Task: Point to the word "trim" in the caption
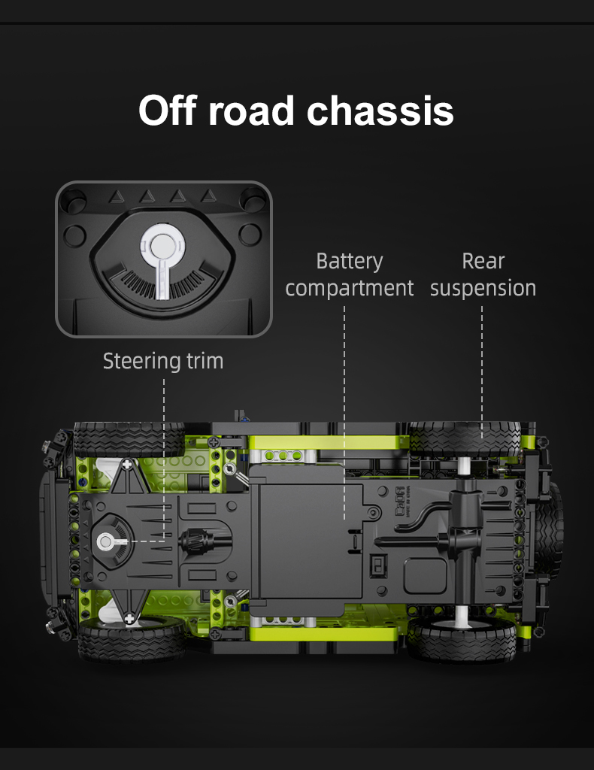click(x=205, y=361)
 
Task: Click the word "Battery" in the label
click(x=350, y=261)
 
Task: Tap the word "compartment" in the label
click(x=350, y=288)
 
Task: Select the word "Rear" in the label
click(x=483, y=261)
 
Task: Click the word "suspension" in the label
click(x=483, y=288)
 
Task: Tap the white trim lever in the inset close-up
click(x=162, y=260)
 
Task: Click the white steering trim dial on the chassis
click(x=106, y=541)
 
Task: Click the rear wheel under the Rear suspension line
click(x=465, y=439)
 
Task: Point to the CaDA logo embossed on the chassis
click(x=400, y=501)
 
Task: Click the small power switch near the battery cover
click(x=378, y=565)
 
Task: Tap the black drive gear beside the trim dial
click(x=192, y=541)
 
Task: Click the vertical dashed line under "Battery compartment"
click(x=344, y=413)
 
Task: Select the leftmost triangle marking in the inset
click(x=117, y=197)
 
